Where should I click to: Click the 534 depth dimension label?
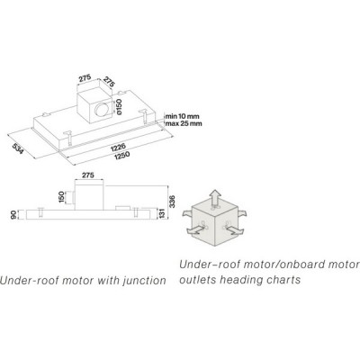[x=18, y=149]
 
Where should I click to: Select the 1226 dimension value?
[x=118, y=147]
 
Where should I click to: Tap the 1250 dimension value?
[x=121, y=155]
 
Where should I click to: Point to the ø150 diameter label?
[x=119, y=107]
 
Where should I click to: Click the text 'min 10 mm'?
[x=182, y=116]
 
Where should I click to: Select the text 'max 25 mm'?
[x=184, y=123]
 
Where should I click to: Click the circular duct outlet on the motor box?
[x=102, y=109]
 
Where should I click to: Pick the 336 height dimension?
[x=172, y=202]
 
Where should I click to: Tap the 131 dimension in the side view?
[x=162, y=214]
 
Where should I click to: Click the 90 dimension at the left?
[x=13, y=215]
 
